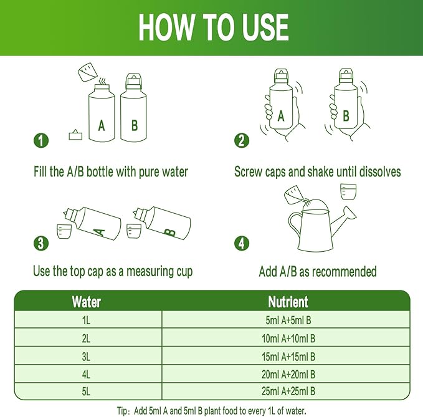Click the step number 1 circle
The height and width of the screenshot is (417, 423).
[x=41, y=141]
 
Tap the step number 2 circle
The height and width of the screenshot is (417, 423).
[x=242, y=141]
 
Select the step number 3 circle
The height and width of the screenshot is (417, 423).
[x=41, y=243]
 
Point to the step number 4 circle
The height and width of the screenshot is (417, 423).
[x=242, y=243]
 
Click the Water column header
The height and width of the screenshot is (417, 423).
[x=87, y=302]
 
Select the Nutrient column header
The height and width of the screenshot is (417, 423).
[x=288, y=302]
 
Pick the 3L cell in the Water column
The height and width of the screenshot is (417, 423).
[x=86, y=357]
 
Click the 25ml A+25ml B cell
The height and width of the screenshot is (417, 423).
[x=288, y=391]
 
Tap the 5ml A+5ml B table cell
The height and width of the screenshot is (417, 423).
[x=288, y=320]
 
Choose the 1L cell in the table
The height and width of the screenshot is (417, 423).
[x=86, y=320]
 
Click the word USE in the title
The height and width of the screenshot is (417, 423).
[x=265, y=27]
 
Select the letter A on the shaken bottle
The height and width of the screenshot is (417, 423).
[x=281, y=117]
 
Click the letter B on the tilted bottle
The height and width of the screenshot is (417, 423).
[x=170, y=232]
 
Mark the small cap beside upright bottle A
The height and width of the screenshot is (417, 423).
[x=75, y=135]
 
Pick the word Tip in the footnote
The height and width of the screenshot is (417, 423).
[x=121, y=411]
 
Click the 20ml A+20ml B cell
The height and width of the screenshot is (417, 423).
[x=288, y=374]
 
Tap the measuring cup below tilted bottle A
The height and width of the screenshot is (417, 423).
[x=64, y=232]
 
